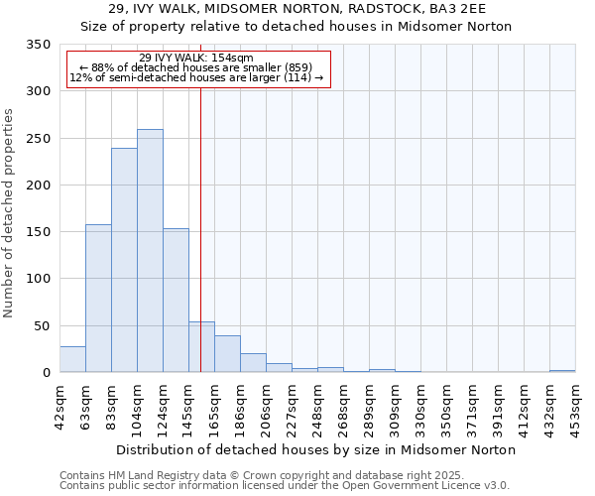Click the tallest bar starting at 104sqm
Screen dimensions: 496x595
[150, 251]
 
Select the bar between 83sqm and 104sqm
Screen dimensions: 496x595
[124, 260]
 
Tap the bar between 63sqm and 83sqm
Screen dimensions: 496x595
[98, 299]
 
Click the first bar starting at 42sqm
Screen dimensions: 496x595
[72, 359]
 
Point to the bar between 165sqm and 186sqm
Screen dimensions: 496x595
[227, 354]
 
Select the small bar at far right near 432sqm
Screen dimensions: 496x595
[562, 371]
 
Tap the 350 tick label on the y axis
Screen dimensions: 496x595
[37, 45]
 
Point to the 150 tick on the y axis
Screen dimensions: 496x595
[37, 232]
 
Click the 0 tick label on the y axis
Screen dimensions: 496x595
[45, 373]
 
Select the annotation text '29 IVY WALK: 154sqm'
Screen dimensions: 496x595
[196, 58]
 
